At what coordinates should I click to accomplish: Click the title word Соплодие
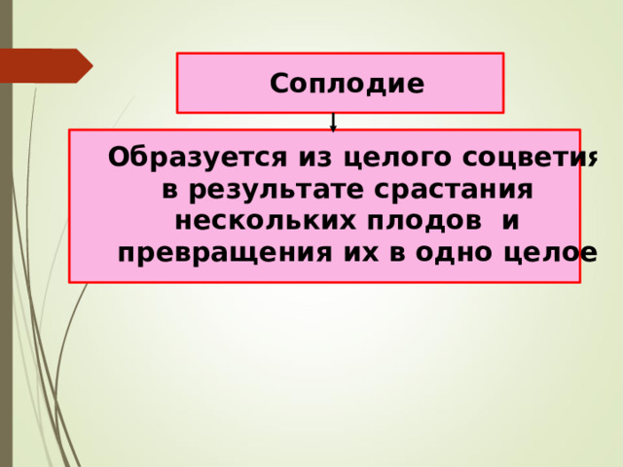[347, 84]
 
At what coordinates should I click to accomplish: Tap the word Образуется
[197, 158]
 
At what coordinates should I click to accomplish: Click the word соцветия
[530, 158]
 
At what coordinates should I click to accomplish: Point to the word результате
[276, 191]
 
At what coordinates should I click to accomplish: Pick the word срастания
[454, 191]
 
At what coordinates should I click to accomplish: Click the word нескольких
[266, 221]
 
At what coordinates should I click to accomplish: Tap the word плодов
[424, 222]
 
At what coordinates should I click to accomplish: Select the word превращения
[225, 253]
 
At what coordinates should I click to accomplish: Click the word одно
[454, 252]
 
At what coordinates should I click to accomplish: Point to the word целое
[550, 253]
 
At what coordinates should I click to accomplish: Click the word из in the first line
[314, 158]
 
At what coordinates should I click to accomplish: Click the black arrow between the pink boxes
[333, 123]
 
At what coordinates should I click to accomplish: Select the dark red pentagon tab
[47, 66]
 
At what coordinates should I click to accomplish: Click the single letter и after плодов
[510, 222]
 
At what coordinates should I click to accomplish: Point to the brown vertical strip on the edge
[7, 233]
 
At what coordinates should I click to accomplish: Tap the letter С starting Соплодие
[278, 84]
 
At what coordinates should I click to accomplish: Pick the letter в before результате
[169, 191]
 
